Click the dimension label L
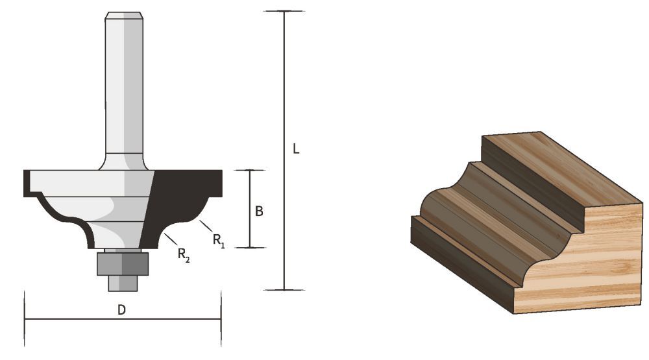click(x=296, y=149)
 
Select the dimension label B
click(x=258, y=211)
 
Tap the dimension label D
click(x=121, y=310)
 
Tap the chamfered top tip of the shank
click(x=124, y=16)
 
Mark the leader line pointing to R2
click(x=170, y=239)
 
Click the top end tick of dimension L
click(x=284, y=11)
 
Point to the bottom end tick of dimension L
click(x=284, y=289)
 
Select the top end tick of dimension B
click(x=250, y=171)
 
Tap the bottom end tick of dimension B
click(x=250, y=247)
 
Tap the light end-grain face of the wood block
click(x=584, y=259)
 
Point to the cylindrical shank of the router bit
click(x=124, y=84)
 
